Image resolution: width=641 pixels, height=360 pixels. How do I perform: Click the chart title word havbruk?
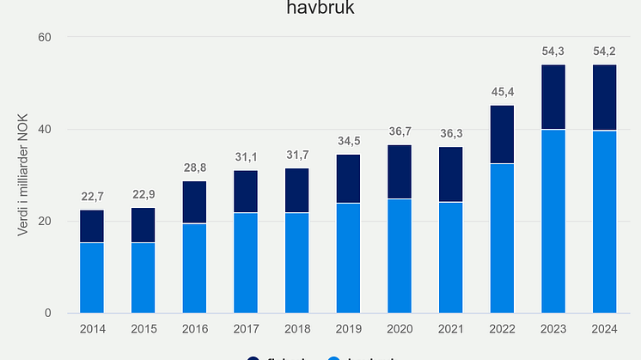click(x=320, y=9)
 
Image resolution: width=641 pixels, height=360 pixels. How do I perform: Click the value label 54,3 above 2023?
click(x=553, y=52)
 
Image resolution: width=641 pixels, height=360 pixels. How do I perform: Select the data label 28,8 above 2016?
click(x=194, y=169)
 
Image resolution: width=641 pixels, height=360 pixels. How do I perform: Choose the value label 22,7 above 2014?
click(x=92, y=198)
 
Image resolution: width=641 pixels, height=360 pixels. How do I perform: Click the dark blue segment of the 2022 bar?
click(x=502, y=135)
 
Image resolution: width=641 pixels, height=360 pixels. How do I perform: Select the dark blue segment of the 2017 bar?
click(x=246, y=192)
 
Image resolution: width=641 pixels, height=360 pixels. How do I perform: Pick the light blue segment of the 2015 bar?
click(x=143, y=278)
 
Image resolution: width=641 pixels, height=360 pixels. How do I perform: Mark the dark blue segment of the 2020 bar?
click(x=400, y=172)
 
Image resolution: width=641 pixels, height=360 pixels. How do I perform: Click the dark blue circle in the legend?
click(x=253, y=357)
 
